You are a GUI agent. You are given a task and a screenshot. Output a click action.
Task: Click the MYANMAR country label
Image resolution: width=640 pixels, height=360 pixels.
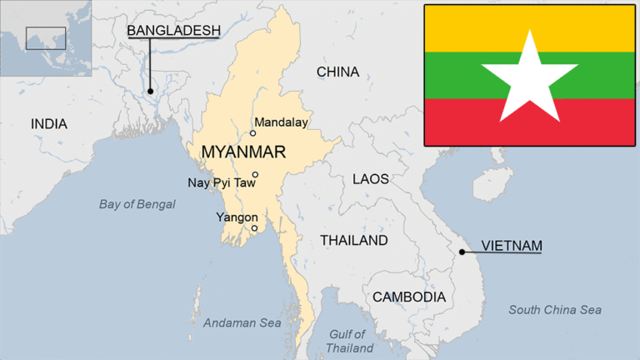pos(243,152)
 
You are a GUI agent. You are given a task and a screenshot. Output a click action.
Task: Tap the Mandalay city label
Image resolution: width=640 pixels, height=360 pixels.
pos(281,122)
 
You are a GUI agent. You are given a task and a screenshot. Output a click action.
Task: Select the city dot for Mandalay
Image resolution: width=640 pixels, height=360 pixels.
pos(252,132)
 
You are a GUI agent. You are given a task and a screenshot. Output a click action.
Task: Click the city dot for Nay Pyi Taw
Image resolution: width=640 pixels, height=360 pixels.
pos(255,174)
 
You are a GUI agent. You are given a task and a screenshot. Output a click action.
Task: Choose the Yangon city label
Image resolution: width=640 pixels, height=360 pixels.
pos(237,217)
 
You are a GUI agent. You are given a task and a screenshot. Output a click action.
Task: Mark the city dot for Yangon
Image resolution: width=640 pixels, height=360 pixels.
pos(254,227)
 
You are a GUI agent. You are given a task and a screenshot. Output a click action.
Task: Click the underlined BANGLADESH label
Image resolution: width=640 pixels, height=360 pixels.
pos(173,31)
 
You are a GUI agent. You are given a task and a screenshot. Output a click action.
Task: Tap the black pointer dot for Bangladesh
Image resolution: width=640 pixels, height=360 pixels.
pos(151,90)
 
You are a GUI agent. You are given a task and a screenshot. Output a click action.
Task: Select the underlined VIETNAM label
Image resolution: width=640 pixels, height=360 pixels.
pos(512,245)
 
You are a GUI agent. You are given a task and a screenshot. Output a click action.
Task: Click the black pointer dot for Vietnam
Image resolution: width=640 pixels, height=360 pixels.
pos(462,250)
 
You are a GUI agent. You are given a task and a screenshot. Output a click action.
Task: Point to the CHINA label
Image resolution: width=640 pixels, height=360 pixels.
pos(337,72)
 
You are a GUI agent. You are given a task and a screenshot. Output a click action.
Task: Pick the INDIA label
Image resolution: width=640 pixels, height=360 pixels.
pos(49,124)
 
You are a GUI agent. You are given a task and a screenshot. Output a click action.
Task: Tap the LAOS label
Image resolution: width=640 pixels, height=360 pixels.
pos(370,179)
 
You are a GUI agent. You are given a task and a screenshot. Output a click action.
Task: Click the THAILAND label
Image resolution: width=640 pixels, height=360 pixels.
pos(354,240)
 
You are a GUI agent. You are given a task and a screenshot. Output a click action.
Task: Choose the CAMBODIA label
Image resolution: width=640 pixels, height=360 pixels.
pos(408,297)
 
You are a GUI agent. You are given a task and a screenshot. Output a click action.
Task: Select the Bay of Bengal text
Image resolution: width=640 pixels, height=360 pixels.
pos(137,204)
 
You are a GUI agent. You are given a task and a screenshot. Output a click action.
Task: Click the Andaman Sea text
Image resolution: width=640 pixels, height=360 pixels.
pos(242,322)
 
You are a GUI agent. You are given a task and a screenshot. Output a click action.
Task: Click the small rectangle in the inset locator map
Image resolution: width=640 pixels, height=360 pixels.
pos(45,37)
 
